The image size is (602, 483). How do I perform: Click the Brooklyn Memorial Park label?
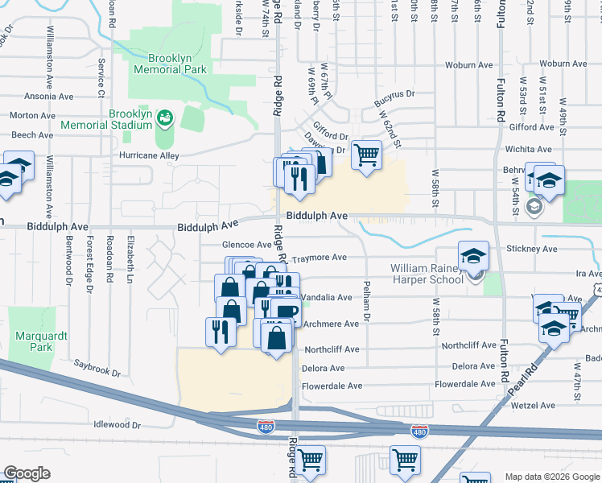177,64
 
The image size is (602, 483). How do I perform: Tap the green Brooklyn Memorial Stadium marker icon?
165,119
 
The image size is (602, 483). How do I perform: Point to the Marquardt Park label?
32,341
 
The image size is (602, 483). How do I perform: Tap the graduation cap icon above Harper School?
474,255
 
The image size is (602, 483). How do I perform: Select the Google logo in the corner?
27,473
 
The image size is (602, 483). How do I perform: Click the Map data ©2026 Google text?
551,477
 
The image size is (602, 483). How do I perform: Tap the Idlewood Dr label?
117,423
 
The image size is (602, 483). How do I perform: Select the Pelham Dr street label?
367,301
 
